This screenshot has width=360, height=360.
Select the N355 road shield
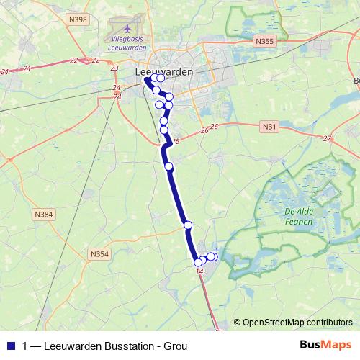264,42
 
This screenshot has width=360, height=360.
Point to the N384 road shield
43,215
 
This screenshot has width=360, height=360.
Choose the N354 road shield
99,253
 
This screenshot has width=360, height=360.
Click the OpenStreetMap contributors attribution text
297,323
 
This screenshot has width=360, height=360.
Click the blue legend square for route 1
10,346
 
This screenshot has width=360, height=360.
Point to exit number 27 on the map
327,138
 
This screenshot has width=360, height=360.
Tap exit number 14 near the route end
199,271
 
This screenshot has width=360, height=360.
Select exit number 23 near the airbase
114,68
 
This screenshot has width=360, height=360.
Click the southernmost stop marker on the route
199,262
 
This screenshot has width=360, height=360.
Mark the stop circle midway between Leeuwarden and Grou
169,166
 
